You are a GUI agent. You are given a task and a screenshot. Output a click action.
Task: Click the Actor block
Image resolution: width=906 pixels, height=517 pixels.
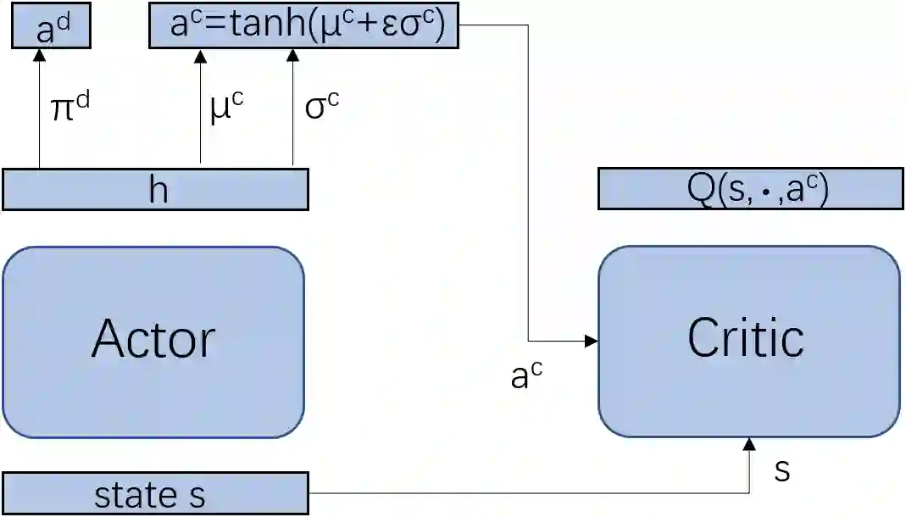click(x=153, y=342)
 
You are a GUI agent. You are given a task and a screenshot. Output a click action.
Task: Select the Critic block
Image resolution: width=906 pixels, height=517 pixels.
click(x=748, y=341)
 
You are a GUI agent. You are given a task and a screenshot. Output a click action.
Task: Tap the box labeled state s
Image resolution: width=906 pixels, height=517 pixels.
click(x=155, y=494)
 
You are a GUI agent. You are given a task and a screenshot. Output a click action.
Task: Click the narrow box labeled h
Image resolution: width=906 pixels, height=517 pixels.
click(x=155, y=189)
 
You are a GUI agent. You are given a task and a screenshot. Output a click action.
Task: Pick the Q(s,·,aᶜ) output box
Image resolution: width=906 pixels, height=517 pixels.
click(x=750, y=188)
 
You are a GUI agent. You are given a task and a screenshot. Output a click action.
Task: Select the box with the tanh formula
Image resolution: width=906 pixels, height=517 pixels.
click(x=303, y=25)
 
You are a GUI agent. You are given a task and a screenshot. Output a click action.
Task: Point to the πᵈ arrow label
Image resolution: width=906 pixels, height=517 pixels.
click(x=69, y=108)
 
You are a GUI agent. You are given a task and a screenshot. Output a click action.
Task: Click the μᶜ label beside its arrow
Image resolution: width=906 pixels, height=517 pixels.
click(x=225, y=108)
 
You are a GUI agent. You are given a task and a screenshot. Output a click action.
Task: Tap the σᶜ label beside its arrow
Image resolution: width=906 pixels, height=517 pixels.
click(x=322, y=108)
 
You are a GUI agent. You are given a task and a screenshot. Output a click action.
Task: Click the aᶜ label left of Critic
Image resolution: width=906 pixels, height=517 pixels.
click(x=526, y=375)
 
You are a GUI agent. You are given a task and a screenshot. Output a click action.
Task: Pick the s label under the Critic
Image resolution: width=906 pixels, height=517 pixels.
click(x=782, y=469)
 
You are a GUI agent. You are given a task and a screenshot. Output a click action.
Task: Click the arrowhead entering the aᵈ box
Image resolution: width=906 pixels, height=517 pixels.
click(x=39, y=56)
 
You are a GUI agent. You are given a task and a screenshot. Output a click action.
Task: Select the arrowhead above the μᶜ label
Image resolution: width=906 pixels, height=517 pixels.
click(x=200, y=56)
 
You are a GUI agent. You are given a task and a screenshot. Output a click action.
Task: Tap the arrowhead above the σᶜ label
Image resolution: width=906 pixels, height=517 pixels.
click(x=292, y=56)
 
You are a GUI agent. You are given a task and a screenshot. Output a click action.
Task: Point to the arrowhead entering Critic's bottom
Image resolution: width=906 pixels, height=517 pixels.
click(x=749, y=444)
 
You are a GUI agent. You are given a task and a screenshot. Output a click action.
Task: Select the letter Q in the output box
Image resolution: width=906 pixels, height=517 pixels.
click(x=702, y=188)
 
